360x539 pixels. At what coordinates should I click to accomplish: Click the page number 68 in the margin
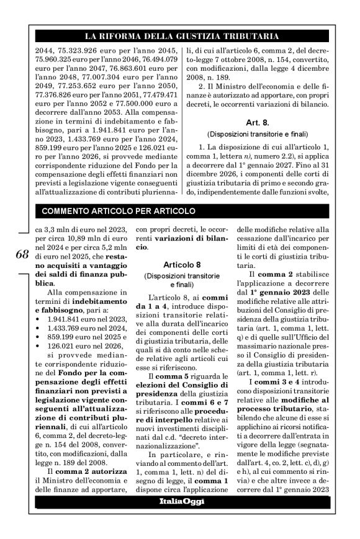tap(19, 255)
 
